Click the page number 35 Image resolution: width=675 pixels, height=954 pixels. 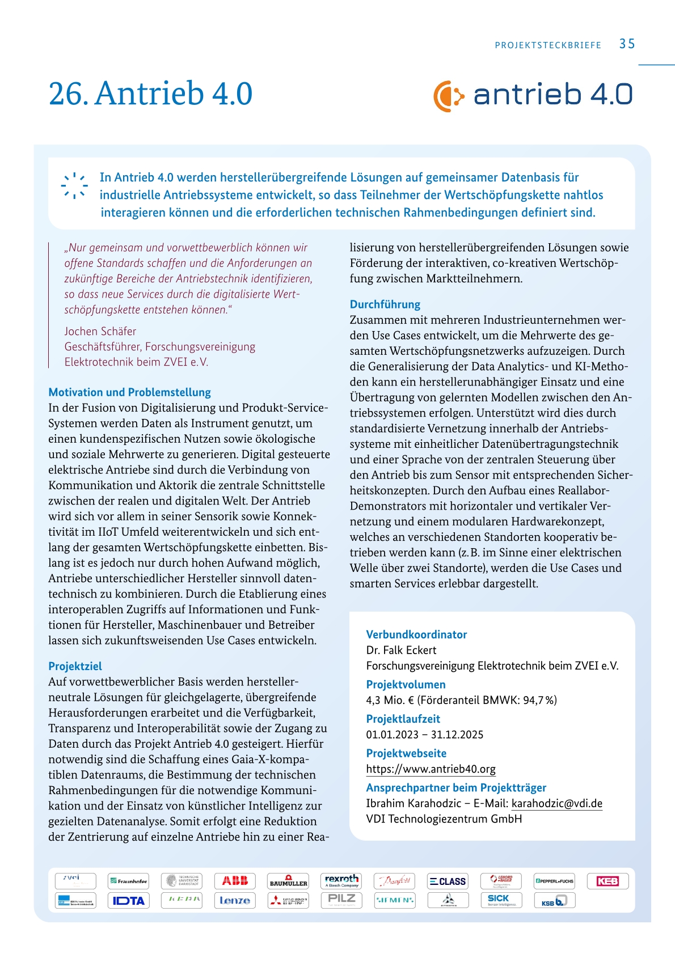(x=627, y=44)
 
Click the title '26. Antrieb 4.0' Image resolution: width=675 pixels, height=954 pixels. (x=150, y=94)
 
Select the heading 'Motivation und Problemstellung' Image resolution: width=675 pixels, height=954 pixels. (x=129, y=392)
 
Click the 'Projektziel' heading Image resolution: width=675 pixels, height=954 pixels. (x=75, y=666)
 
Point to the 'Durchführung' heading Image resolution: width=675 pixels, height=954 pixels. (x=385, y=304)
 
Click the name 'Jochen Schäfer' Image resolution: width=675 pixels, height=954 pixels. (x=100, y=331)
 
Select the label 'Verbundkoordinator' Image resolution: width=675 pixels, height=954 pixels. (x=416, y=634)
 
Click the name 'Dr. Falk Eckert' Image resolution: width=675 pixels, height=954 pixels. (x=401, y=650)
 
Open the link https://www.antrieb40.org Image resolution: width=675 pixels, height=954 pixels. (x=431, y=769)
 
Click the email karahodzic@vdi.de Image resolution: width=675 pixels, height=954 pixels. (x=556, y=803)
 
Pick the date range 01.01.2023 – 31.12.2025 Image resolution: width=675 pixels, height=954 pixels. (x=424, y=735)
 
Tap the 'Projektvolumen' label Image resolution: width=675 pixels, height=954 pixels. (x=406, y=684)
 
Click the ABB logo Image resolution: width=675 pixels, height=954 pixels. (x=235, y=881)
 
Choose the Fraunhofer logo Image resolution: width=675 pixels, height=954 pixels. (x=128, y=881)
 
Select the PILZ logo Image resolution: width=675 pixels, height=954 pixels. (x=341, y=900)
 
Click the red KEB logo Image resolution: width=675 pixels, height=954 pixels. (x=607, y=881)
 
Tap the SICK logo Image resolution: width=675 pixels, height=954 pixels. (x=501, y=900)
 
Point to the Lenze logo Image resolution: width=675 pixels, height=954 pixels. (x=235, y=900)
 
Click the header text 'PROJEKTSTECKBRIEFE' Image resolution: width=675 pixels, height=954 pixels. (x=548, y=45)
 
